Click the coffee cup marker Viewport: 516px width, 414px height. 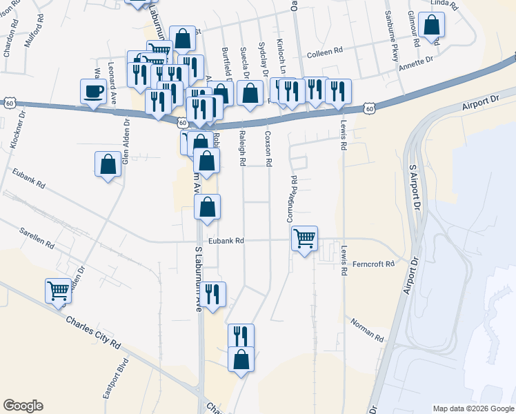coord(93,90)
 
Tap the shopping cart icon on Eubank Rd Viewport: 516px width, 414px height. coord(304,239)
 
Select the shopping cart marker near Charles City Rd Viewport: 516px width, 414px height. coord(59,290)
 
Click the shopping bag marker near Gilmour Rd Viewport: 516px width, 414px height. coord(431,26)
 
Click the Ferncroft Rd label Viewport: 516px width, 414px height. coord(373,264)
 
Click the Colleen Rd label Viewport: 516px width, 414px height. coord(324,52)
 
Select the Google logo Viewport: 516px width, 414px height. coord(23,406)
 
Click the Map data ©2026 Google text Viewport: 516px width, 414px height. coord(473,408)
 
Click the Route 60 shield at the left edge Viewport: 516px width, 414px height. coord(8,103)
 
